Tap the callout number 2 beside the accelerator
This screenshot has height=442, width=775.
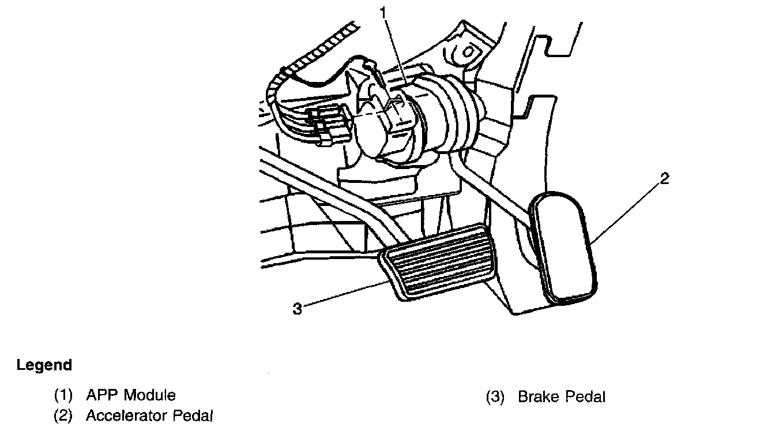pyautogui.click(x=664, y=179)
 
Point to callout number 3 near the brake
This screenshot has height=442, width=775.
pyautogui.click(x=297, y=309)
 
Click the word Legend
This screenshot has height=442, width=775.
pyautogui.click(x=44, y=365)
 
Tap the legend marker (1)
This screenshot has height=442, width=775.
pyautogui.click(x=63, y=396)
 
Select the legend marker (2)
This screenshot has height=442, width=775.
pyautogui.click(x=63, y=415)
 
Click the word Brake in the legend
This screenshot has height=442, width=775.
pyautogui.click(x=537, y=397)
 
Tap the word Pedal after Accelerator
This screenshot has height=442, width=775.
pyautogui.click(x=190, y=415)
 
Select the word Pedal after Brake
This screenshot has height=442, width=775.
pyautogui.click(x=584, y=397)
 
